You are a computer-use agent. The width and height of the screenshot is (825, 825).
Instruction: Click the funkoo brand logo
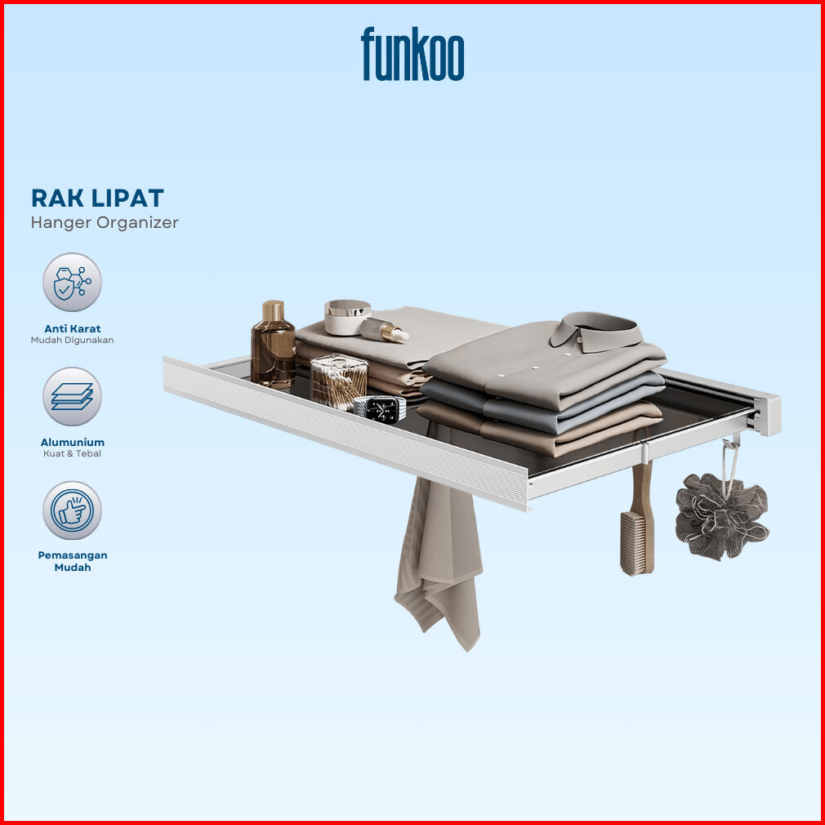(412, 54)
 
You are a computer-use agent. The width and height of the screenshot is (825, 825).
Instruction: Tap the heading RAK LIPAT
(97, 198)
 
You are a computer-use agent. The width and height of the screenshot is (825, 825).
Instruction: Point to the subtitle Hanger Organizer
(105, 222)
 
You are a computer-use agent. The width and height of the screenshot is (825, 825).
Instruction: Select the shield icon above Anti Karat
(72, 282)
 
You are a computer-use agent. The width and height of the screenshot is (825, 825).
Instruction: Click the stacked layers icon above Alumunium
(72, 396)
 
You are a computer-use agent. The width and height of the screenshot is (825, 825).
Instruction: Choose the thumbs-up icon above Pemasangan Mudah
(72, 511)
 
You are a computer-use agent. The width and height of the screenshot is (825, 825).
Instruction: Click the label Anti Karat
(73, 328)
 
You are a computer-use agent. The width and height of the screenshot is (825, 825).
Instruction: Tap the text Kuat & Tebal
(72, 453)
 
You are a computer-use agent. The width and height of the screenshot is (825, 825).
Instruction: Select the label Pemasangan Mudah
(73, 561)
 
